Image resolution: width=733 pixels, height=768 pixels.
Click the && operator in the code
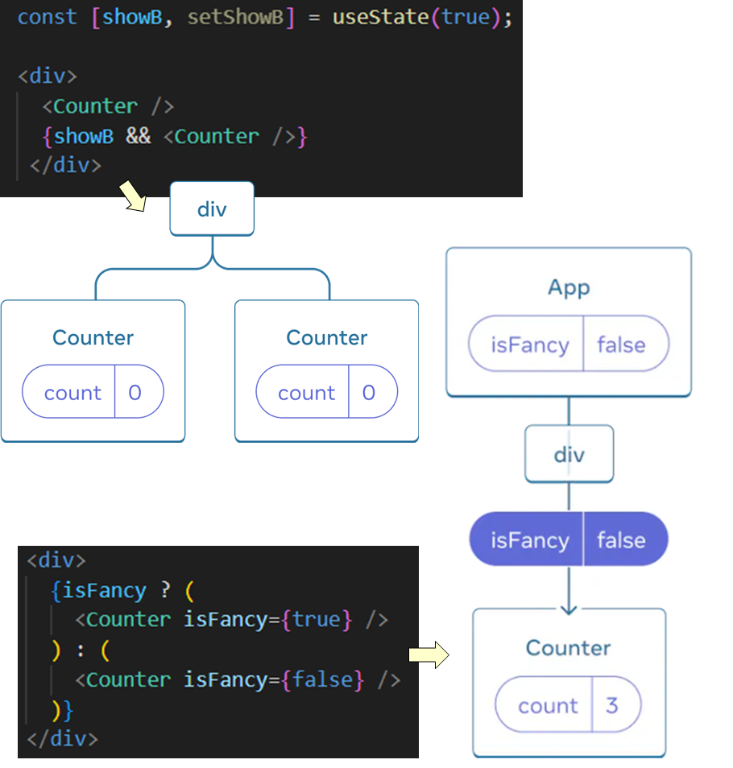click(x=138, y=136)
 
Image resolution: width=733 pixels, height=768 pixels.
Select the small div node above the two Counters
click(x=212, y=209)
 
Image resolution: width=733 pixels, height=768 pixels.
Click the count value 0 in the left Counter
click(x=135, y=393)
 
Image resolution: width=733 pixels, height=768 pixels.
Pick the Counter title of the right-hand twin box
click(x=326, y=337)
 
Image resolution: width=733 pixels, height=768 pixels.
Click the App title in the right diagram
click(x=569, y=287)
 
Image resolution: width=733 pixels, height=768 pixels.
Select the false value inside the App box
click(x=621, y=345)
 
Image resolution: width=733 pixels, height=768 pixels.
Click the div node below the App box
click(x=569, y=454)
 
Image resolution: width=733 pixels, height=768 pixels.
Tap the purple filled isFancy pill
click(x=569, y=539)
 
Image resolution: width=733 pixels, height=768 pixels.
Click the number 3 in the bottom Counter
click(x=611, y=705)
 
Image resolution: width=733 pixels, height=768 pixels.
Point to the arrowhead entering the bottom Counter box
click(x=569, y=608)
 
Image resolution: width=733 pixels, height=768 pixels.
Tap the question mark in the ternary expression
click(x=165, y=590)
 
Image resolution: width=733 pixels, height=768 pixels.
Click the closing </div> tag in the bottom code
click(x=62, y=738)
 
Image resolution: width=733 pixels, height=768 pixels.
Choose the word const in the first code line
click(x=48, y=17)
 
